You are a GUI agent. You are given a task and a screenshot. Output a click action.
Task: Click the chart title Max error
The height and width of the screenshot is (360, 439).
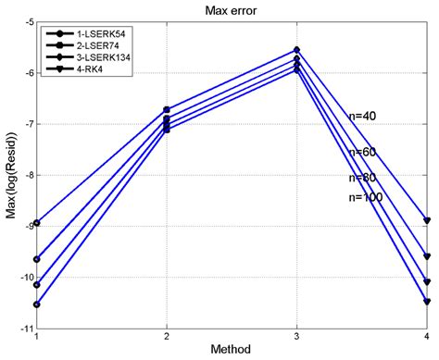(230, 8)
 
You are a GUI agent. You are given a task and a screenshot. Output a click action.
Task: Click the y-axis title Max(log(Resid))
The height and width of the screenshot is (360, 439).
(9, 176)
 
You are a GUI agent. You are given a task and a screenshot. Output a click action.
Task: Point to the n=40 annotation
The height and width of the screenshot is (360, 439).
(362, 117)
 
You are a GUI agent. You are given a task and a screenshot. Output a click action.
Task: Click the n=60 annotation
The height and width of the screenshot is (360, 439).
(362, 152)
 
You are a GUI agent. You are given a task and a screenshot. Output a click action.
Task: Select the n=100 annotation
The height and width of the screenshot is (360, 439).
(365, 197)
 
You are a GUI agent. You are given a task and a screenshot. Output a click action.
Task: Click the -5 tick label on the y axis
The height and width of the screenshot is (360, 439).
(27, 21)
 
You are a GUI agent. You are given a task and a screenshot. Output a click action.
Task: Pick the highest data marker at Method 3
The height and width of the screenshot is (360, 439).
(296, 50)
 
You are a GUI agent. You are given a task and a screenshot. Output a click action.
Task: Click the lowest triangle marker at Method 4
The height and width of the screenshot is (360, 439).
(427, 302)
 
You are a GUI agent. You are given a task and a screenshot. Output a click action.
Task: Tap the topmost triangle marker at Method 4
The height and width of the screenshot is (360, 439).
(427, 221)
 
